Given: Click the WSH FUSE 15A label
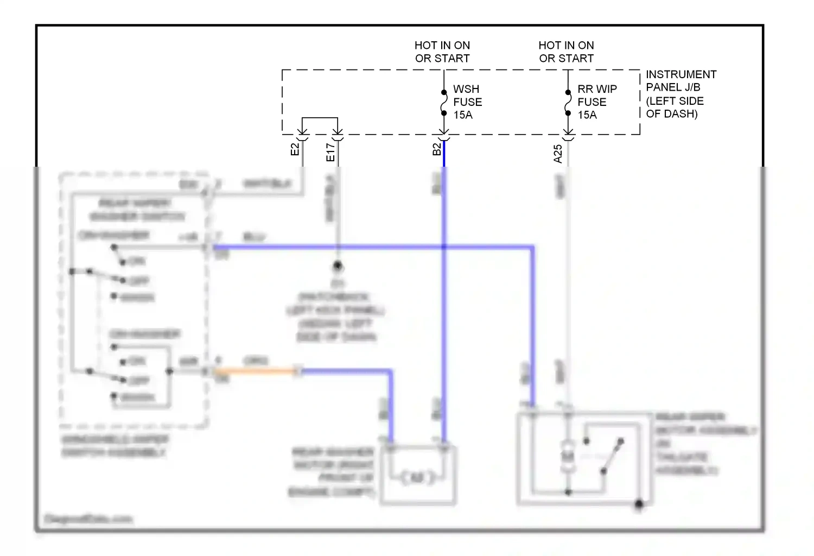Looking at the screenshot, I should tap(467, 102).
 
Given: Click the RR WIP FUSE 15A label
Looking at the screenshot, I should tap(596, 102).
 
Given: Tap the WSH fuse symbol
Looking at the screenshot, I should tap(444, 103).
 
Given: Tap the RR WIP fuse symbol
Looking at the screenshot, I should tap(568, 103).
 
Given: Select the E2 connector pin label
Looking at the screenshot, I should tap(295, 149).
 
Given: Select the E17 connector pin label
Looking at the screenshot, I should tap(330, 152).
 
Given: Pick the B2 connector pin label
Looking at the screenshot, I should tap(437, 149).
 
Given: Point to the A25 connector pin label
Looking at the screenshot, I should tap(558, 154).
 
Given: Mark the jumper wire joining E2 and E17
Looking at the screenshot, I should tap(320, 118).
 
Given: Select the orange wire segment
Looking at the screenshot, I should tap(255, 371).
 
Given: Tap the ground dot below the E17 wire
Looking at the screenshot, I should tap(338, 266).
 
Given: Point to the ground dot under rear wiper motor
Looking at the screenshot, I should tap(639, 504).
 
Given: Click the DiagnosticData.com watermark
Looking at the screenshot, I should tap(88, 519).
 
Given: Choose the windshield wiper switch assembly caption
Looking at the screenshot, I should tap(115, 446).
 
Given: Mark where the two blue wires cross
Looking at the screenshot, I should tap(444, 247).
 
